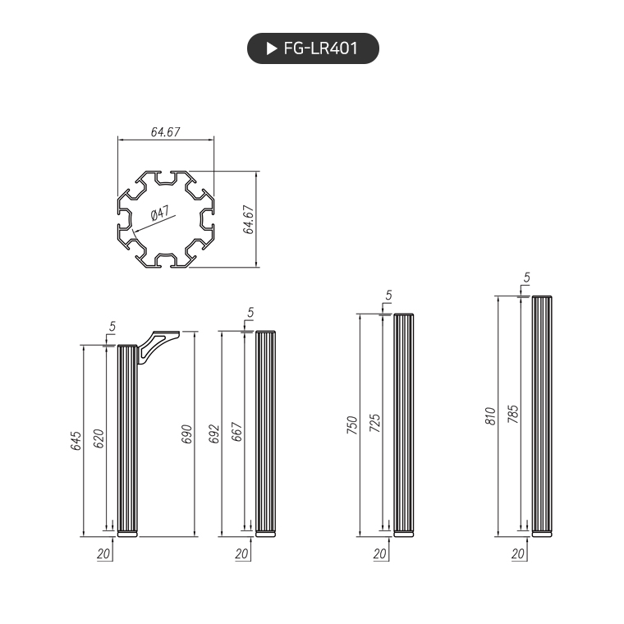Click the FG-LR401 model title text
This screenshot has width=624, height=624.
coord(320,48)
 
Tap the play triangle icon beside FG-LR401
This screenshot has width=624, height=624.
coord(272,48)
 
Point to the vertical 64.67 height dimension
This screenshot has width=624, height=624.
coord(248,219)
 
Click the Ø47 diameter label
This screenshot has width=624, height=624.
coord(160,214)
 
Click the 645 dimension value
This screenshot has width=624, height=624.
coord(76,441)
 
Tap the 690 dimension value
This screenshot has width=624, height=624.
coord(186,434)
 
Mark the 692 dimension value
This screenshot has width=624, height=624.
coord(214,434)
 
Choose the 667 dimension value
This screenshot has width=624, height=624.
coord(237,434)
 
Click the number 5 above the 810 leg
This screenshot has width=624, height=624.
coord(526,278)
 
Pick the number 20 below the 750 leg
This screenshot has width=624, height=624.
coord(379,553)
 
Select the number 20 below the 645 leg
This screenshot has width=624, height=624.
coord(103,553)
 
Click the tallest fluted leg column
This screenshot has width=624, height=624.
coord(542,416)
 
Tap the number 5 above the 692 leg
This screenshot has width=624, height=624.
coord(250,312)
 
